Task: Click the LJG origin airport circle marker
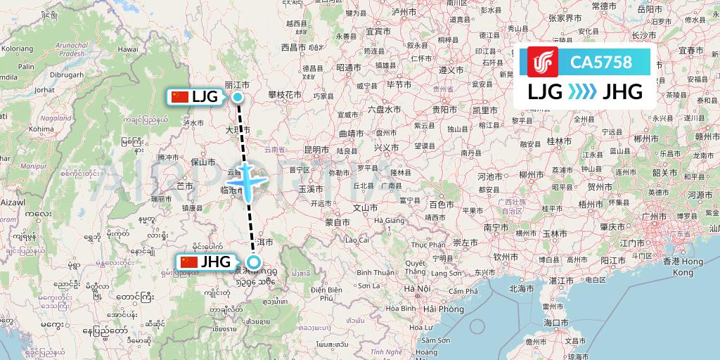[x=238, y=97]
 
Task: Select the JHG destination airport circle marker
[x=254, y=264]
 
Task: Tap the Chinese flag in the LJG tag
[x=180, y=97]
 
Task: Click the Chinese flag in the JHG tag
[x=189, y=263]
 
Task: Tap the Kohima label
[x=42, y=129]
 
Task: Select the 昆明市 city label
[x=316, y=150]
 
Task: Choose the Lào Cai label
[x=356, y=240]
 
